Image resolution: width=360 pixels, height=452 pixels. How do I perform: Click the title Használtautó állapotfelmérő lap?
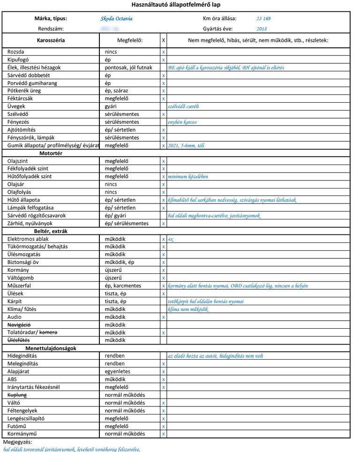click(180, 4)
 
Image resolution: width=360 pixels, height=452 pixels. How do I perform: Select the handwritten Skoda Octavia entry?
click(116, 19)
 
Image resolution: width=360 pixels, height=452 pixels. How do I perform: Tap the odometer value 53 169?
click(263, 19)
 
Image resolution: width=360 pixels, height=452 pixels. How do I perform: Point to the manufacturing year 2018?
click(262, 29)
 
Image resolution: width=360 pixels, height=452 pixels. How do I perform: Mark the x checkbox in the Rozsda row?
click(163, 52)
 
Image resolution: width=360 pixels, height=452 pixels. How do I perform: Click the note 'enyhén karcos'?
click(182, 122)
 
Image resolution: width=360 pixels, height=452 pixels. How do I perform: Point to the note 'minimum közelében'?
click(187, 177)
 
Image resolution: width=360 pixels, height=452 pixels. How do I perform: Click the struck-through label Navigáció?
click(19, 325)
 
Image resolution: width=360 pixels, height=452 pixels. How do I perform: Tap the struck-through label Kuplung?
click(17, 395)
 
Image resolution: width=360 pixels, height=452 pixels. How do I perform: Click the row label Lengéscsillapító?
click(28, 418)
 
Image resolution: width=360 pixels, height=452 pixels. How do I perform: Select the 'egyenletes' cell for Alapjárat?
click(118, 371)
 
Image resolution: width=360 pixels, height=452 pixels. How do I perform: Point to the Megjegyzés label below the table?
click(16, 442)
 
